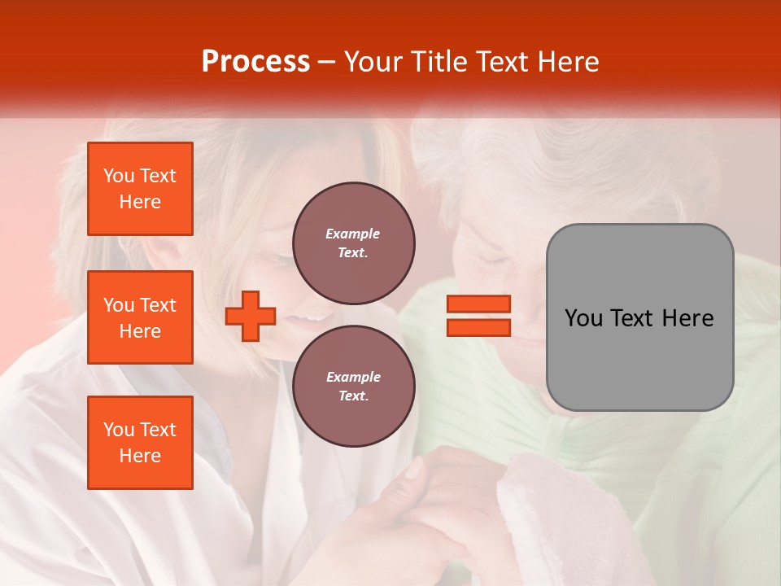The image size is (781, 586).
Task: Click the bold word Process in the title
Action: [x=255, y=62]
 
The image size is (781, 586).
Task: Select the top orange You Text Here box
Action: [x=140, y=189]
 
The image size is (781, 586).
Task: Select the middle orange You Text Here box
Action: [x=140, y=317]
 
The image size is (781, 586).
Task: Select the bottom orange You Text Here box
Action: [x=140, y=442]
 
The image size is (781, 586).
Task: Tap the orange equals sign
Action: [x=478, y=316]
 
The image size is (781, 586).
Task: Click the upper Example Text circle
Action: [x=353, y=243]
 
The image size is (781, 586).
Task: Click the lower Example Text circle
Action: [x=353, y=386]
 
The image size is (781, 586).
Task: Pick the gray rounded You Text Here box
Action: [x=639, y=317]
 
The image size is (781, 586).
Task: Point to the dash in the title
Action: [x=327, y=63]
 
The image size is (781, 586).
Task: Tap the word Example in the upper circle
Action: [x=353, y=234]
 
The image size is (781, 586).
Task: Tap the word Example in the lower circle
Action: [x=353, y=377]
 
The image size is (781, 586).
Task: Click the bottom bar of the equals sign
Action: [x=478, y=327]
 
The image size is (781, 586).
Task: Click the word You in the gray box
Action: [x=584, y=318]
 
